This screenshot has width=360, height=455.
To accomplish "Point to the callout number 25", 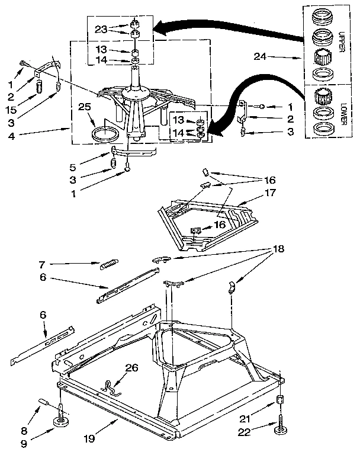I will tap(85, 107).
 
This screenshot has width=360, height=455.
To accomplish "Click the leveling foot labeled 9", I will tap(62, 421).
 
